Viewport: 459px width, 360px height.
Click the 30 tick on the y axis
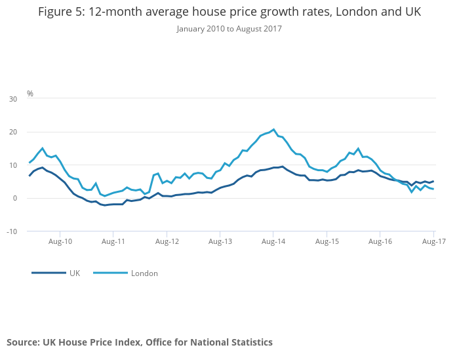(x=12, y=99)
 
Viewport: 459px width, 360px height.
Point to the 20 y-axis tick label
(x=12, y=132)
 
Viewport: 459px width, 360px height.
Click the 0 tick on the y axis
(x=15, y=198)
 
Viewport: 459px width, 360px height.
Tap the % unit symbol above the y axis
(x=30, y=94)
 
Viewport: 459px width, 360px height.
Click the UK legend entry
(x=74, y=273)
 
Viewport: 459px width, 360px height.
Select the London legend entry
(x=144, y=273)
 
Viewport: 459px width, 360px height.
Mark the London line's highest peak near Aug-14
(x=273, y=129)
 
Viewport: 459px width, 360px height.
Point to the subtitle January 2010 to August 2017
(x=229, y=29)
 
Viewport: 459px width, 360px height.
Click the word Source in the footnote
(x=23, y=342)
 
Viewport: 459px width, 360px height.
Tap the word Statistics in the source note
(x=250, y=342)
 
